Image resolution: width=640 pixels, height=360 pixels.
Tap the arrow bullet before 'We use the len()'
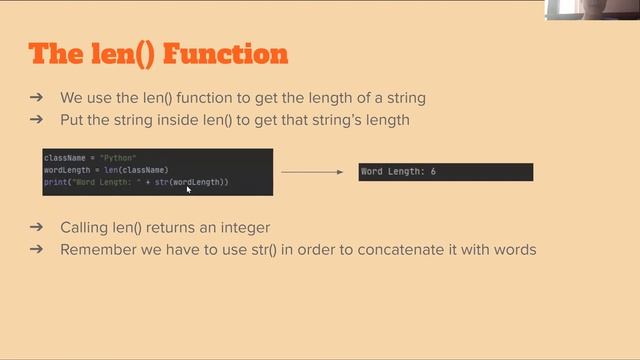click(36, 98)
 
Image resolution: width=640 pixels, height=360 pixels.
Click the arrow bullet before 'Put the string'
click(36, 120)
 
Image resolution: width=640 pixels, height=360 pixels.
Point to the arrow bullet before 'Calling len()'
click(36, 227)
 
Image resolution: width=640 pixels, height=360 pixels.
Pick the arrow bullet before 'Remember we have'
click(36, 249)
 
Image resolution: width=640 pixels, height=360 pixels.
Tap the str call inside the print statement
click(160, 182)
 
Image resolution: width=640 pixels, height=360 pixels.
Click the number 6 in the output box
click(433, 172)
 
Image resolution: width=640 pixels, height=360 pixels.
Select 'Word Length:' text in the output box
click(394, 172)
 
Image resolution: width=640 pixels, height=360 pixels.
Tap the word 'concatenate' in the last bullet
click(408, 249)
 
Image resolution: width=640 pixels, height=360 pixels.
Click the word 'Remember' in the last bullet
click(93, 249)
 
